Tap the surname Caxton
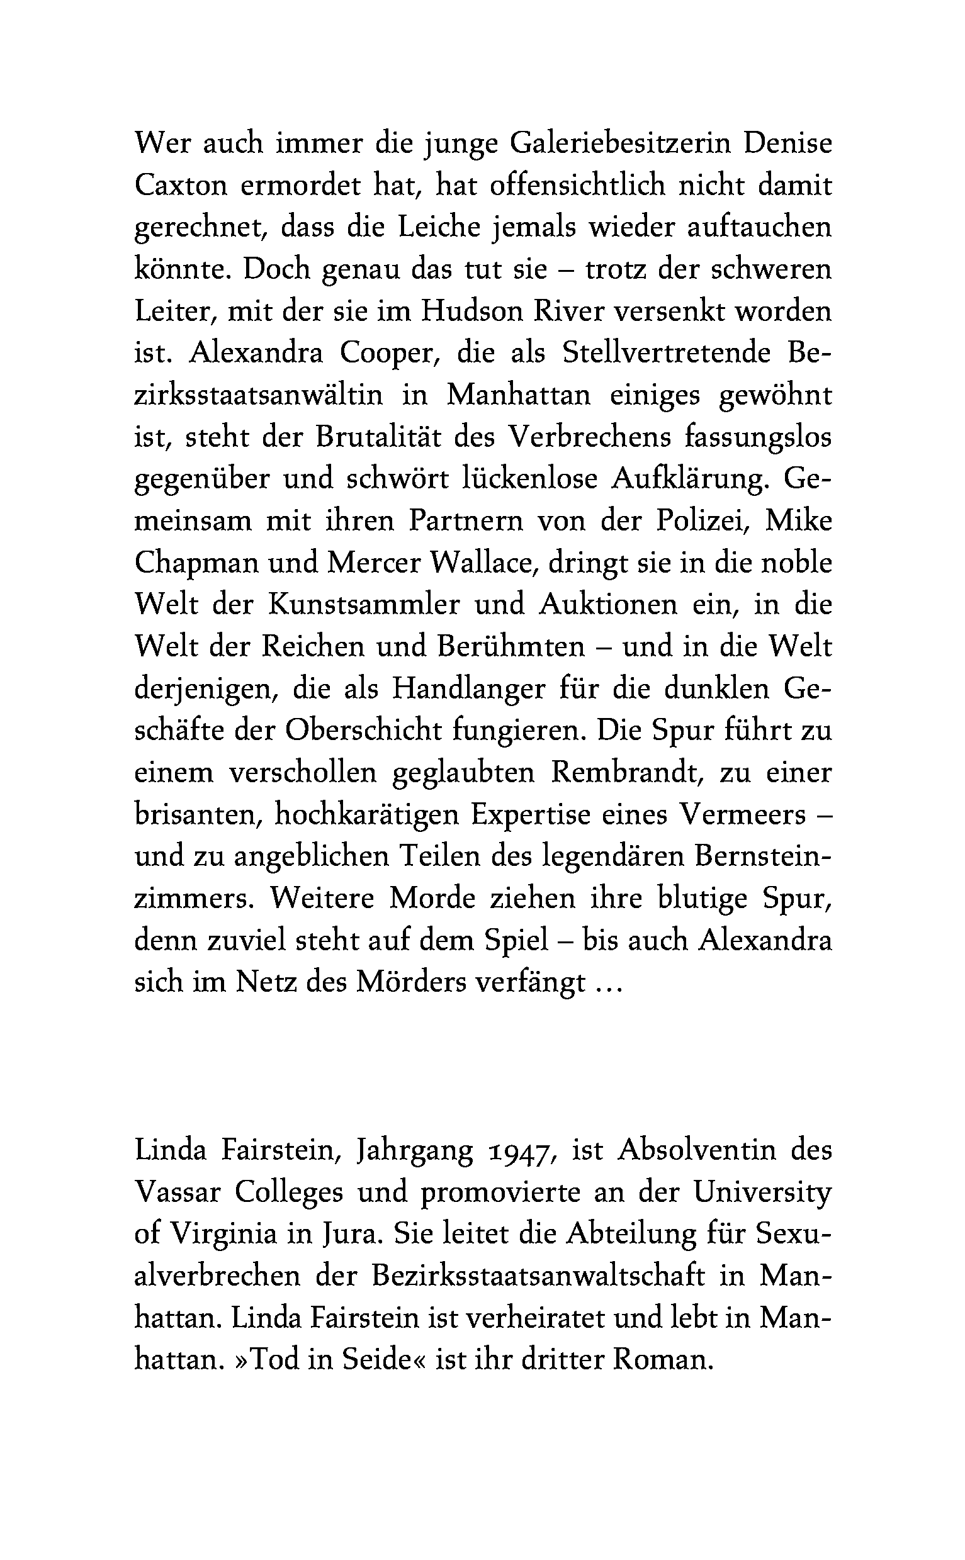(181, 186)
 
